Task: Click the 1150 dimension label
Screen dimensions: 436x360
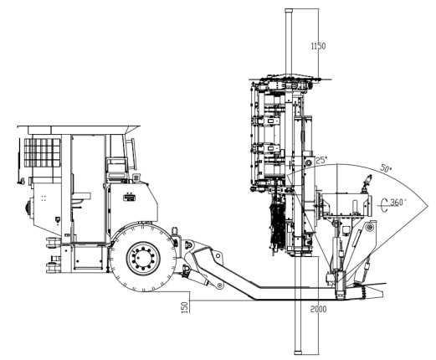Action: tap(318, 46)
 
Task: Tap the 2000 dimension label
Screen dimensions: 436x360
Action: tap(318, 309)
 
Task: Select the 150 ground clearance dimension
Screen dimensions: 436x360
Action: tap(185, 307)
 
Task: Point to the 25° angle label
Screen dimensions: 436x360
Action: tap(321, 160)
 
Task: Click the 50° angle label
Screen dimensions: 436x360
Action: tap(386, 168)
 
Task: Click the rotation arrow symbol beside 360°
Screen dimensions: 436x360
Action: tap(384, 205)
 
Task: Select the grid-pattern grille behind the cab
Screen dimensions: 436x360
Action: tap(42, 152)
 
